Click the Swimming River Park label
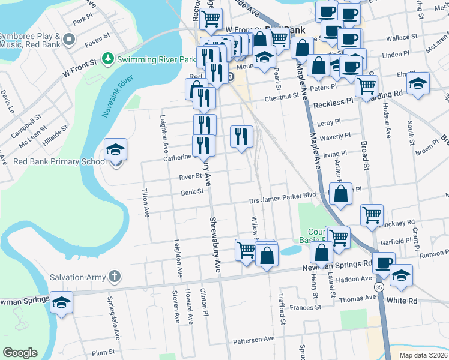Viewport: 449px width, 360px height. click(x=157, y=59)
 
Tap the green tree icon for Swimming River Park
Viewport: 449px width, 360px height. click(x=108, y=59)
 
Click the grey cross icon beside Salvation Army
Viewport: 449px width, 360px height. click(x=115, y=277)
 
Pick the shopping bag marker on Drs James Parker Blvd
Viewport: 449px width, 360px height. click(x=340, y=194)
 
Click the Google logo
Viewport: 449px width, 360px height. click(x=20, y=353)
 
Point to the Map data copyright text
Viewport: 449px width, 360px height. click(x=423, y=355)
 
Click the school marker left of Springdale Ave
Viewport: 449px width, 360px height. click(x=61, y=302)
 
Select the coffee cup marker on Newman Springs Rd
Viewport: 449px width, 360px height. click(x=384, y=262)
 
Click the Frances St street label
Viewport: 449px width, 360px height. click(x=306, y=307)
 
